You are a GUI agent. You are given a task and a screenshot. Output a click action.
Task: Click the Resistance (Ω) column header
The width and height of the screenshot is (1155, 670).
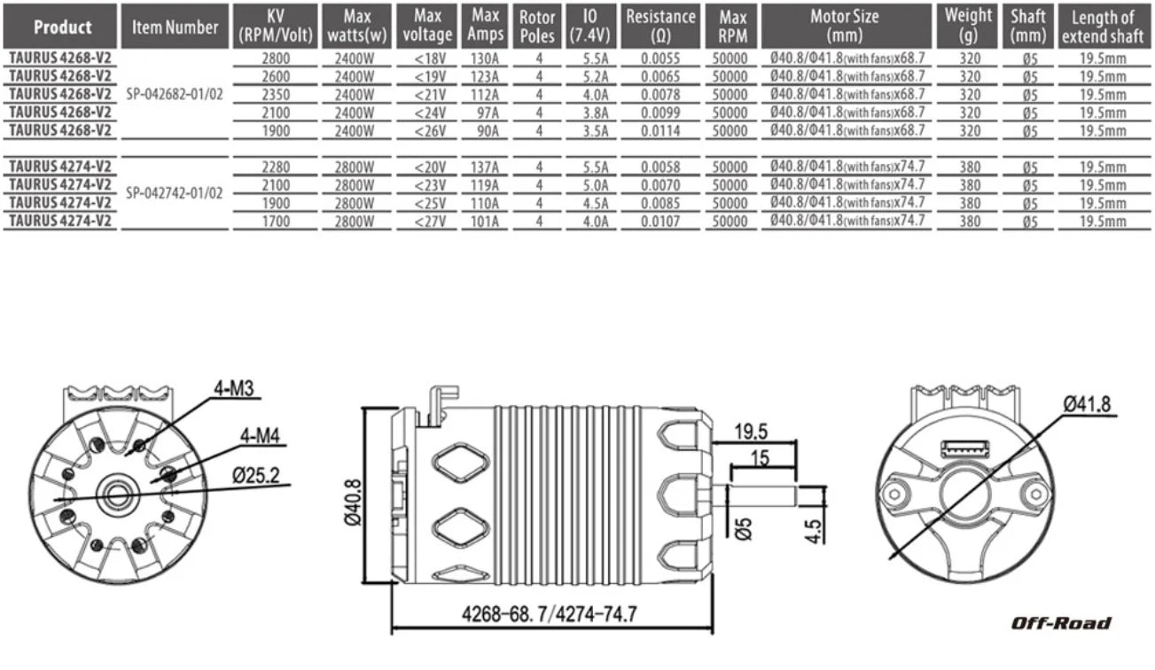pyautogui.click(x=660, y=26)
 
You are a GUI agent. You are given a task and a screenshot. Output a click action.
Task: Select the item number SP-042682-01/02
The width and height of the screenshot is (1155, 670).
pyautogui.click(x=175, y=94)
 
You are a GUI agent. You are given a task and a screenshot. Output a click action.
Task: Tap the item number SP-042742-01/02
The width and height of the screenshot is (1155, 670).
pyautogui.click(x=175, y=193)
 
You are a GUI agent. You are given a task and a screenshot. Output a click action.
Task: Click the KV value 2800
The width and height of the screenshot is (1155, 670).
pyautogui.click(x=276, y=58)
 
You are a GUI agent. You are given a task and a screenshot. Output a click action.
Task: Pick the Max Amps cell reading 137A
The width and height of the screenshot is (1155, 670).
pyautogui.click(x=484, y=167)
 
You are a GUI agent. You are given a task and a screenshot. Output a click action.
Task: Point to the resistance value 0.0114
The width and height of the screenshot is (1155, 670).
pyautogui.click(x=660, y=131)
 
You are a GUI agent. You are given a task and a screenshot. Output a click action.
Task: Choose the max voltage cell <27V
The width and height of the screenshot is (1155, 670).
pyautogui.click(x=430, y=222)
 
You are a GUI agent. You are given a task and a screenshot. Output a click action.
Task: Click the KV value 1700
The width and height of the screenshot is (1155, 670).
pyautogui.click(x=276, y=222)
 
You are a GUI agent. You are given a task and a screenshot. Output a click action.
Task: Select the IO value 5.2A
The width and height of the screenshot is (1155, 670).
pyautogui.click(x=596, y=77)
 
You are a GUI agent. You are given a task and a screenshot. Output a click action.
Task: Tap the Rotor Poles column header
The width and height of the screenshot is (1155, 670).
pyautogui.click(x=537, y=26)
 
